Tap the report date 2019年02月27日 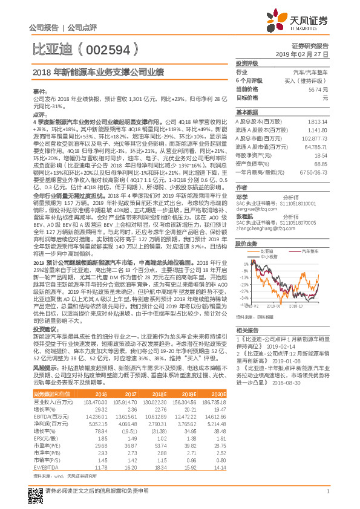tap(306, 54)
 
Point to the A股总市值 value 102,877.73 tap(316, 138)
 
